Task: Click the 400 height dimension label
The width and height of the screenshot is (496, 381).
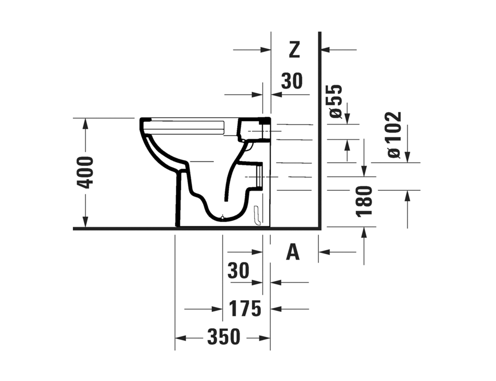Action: [x=85, y=172]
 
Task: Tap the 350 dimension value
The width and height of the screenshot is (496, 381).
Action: [x=224, y=336]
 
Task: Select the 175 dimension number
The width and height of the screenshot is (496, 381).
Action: [x=245, y=308]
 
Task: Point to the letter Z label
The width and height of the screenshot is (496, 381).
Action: [x=294, y=50]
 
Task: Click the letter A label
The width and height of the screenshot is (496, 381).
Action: [x=293, y=252]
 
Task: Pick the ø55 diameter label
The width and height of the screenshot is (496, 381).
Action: [x=336, y=102]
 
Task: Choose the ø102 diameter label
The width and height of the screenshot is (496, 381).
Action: [x=395, y=134]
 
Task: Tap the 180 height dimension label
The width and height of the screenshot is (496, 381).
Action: [x=364, y=201]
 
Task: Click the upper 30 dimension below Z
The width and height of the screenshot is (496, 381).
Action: [x=292, y=81]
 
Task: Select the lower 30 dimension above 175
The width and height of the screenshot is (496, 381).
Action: [x=238, y=270]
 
